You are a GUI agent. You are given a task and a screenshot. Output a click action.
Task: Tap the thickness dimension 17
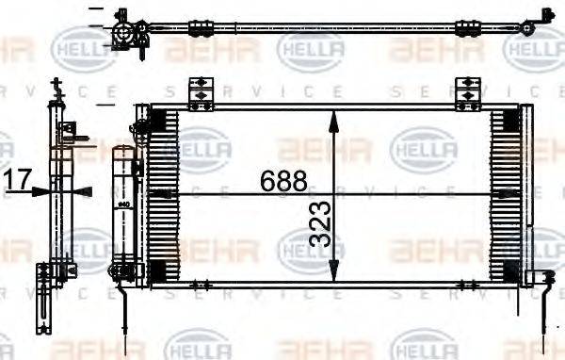18,178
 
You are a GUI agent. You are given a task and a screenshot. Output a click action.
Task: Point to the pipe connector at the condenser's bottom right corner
543,277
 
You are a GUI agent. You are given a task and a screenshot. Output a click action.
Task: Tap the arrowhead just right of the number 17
40,190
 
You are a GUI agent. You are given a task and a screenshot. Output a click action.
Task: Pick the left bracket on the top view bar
202,28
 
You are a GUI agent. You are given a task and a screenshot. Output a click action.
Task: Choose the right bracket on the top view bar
468,29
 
